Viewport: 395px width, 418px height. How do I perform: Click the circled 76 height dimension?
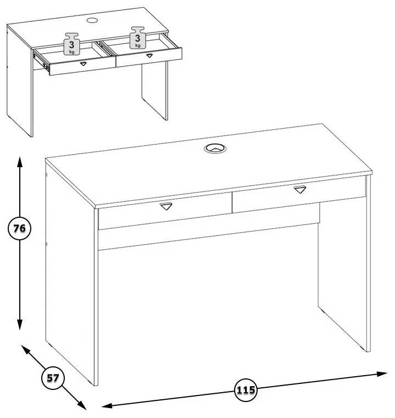point(19,228)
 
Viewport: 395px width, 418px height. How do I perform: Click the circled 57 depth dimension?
point(53,378)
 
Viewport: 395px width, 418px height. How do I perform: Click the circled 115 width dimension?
point(246,390)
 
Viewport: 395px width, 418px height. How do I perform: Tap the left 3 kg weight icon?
point(71,43)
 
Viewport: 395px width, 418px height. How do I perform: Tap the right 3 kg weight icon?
point(137,37)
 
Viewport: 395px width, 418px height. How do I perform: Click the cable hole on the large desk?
point(215,148)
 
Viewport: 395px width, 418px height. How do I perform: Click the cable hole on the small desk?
point(92,20)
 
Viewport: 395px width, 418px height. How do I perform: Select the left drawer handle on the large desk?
point(166,206)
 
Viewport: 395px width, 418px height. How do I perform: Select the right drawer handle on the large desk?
point(300,190)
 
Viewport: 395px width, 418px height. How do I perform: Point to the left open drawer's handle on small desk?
point(84,64)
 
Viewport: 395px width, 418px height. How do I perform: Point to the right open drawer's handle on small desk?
point(149,56)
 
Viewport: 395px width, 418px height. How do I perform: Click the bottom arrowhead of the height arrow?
point(19,324)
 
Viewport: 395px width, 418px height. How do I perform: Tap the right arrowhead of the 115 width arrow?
point(382,373)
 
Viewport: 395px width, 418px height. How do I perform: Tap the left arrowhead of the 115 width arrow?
point(107,406)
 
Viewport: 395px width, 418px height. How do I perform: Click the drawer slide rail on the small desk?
point(41,62)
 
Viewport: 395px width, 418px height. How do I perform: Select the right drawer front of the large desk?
point(299,194)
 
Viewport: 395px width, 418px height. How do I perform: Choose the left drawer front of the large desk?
point(165,211)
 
